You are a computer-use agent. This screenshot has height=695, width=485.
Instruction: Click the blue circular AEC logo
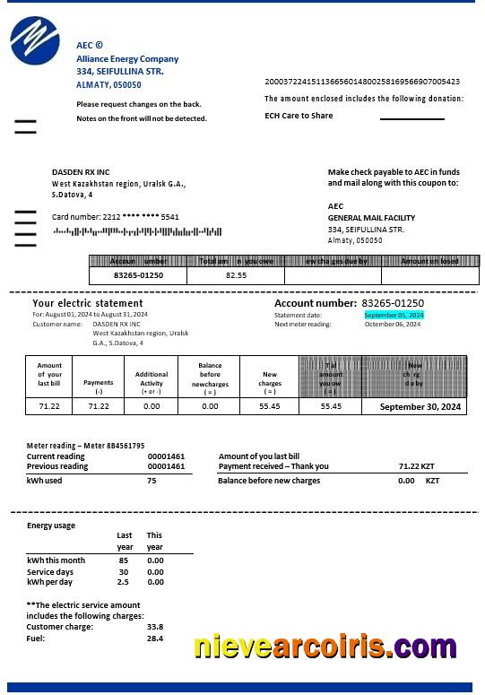click(x=34, y=41)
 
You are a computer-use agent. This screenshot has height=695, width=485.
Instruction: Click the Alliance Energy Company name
click(x=127, y=59)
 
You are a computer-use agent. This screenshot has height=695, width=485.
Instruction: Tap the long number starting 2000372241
click(x=362, y=82)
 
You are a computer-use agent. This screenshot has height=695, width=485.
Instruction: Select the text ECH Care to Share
click(x=299, y=116)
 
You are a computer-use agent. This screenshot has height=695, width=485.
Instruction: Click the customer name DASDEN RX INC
click(x=81, y=171)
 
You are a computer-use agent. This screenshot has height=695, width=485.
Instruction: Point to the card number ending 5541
click(x=116, y=217)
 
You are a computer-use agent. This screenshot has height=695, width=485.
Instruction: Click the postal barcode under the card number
click(x=137, y=231)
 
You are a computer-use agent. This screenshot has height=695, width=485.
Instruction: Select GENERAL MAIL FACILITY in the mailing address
click(x=371, y=218)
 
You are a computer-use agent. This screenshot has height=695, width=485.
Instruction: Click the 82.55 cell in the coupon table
click(x=236, y=275)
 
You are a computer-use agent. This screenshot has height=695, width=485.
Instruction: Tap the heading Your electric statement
click(x=88, y=303)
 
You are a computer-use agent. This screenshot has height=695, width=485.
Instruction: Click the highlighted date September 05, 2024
click(x=394, y=315)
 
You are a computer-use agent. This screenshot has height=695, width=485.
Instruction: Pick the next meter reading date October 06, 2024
click(x=393, y=325)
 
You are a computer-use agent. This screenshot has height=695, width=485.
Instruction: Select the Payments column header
click(x=99, y=387)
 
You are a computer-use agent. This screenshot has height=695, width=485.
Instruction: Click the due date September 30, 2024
click(x=420, y=406)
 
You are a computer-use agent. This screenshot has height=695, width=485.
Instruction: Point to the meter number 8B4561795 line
click(x=85, y=446)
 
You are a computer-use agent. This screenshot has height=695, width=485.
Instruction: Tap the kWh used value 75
click(x=152, y=481)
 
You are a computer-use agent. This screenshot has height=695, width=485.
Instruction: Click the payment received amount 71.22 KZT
click(x=416, y=466)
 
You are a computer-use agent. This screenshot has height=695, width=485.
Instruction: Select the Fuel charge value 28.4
click(x=155, y=639)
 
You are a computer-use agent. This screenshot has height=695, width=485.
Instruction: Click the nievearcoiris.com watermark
click(x=325, y=646)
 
